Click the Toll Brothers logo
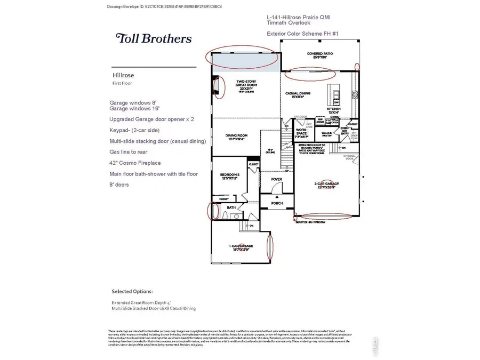coord(154,38)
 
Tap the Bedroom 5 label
coord(230,176)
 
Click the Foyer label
coord(277,180)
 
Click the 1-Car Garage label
coord(241,246)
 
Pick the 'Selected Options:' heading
coord(132,292)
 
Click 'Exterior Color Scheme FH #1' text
coord(302,34)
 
